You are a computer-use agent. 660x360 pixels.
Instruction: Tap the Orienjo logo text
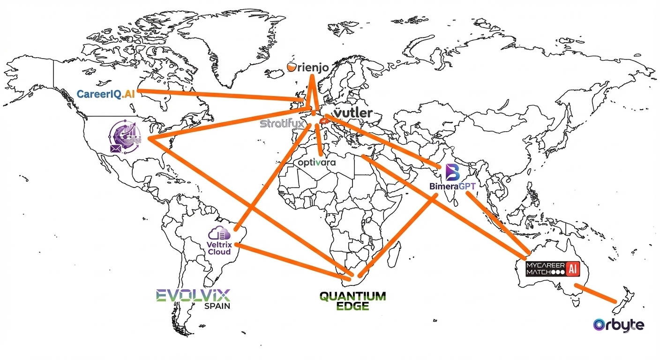pyautogui.click(x=308, y=68)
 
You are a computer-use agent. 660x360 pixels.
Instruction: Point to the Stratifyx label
pyautogui.click(x=282, y=124)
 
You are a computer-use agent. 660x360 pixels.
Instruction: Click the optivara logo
pyautogui.click(x=317, y=163)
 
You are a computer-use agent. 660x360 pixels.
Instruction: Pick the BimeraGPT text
pyautogui.click(x=452, y=186)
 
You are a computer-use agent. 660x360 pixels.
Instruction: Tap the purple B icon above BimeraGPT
pyautogui.click(x=452, y=172)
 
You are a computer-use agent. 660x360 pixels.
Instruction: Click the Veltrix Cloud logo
pyautogui.click(x=219, y=241)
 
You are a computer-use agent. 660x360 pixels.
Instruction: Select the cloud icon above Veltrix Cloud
pyautogui.click(x=220, y=232)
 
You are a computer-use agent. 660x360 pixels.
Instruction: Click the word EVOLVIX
pyautogui.click(x=193, y=295)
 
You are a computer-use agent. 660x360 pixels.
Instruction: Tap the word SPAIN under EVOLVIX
pyautogui.click(x=217, y=307)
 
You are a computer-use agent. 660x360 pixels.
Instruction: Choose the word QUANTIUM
pyautogui.click(x=352, y=296)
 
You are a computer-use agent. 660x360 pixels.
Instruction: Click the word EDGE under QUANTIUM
pyautogui.click(x=352, y=307)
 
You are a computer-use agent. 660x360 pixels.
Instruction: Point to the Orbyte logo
pyautogui.click(x=618, y=325)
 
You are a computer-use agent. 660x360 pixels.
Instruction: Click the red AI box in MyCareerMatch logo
pyautogui.click(x=571, y=269)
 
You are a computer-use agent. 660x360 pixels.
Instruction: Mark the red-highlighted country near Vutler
pyautogui.click(x=323, y=121)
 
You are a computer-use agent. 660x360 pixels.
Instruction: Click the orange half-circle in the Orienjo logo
pyautogui.click(x=292, y=67)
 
